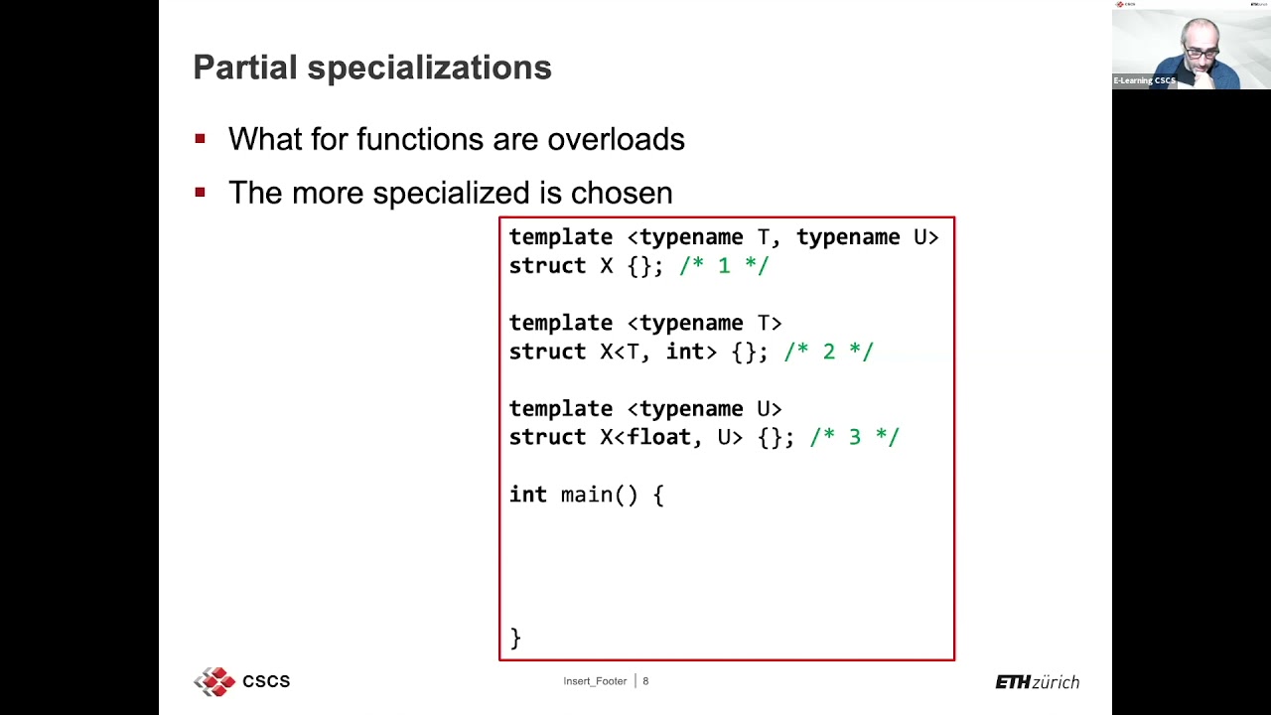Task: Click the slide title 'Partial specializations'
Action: pyautogui.click(x=371, y=68)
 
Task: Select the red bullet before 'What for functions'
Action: pyautogui.click(x=201, y=139)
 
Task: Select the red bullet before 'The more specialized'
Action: pyautogui.click(x=201, y=193)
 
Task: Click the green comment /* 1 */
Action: pyautogui.click(x=724, y=266)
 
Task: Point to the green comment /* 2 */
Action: pyautogui.click(x=828, y=352)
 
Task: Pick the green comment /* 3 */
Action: pyautogui.click(x=854, y=438)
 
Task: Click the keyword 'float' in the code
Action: pyautogui.click(x=657, y=437)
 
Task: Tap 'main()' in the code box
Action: pyautogui.click(x=599, y=495)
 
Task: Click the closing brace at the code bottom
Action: pyautogui.click(x=515, y=638)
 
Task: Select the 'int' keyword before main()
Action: pyautogui.click(x=527, y=495)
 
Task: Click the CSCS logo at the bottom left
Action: pyautogui.click(x=241, y=681)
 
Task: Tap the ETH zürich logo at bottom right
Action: pyautogui.click(x=1037, y=682)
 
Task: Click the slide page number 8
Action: pyautogui.click(x=645, y=681)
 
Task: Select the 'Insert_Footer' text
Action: pyautogui.click(x=595, y=681)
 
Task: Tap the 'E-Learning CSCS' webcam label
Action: pyautogui.click(x=1144, y=80)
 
